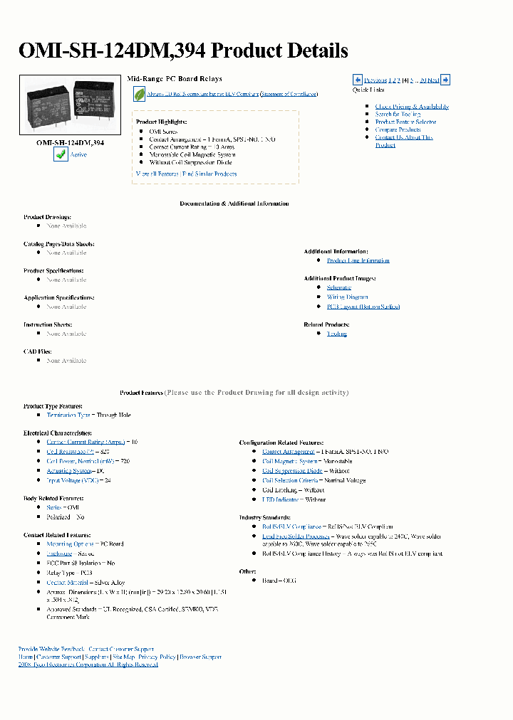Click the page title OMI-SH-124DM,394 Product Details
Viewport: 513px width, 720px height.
183,51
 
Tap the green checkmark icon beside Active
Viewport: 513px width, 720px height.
61,154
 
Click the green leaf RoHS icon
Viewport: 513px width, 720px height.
139,93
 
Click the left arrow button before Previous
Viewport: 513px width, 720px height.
358,80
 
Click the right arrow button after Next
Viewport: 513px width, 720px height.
445,80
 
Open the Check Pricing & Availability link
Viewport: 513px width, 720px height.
412,107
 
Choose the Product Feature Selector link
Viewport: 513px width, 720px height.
405,122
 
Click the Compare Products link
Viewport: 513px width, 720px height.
398,130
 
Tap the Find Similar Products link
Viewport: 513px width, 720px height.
209,174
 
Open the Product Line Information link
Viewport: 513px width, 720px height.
358,260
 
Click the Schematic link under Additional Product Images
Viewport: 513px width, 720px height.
339,287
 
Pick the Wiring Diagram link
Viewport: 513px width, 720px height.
348,297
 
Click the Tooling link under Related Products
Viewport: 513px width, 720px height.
336,334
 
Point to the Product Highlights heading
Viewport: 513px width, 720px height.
161,122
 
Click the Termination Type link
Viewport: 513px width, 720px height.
68,415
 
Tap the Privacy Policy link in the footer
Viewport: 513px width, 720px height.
157,657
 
